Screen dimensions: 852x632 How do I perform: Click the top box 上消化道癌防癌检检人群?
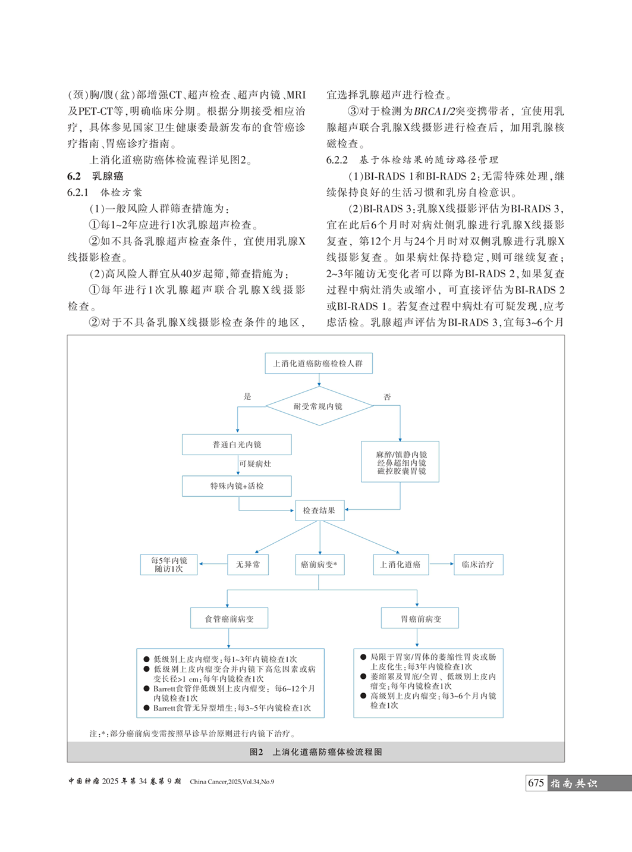click(318, 364)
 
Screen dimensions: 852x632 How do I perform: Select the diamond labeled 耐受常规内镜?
click(319, 406)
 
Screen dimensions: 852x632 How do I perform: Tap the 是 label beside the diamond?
click(247, 396)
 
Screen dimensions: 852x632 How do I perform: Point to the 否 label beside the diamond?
click(387, 397)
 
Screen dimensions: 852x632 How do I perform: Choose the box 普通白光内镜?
click(237, 444)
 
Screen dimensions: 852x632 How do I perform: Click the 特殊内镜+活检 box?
click(237, 486)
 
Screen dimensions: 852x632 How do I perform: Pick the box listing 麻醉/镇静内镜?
click(400, 462)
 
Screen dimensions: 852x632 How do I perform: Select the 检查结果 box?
click(319, 510)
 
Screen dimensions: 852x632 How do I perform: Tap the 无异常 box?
click(248, 565)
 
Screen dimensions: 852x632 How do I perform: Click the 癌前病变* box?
click(319, 565)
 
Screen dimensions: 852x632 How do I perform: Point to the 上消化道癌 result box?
click(400, 565)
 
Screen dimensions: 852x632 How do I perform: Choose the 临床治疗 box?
click(478, 565)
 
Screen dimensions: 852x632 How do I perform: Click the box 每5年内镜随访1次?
click(169, 565)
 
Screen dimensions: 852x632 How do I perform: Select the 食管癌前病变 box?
click(229, 619)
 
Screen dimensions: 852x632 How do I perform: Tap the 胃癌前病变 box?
click(420, 619)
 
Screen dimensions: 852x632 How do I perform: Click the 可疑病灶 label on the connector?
click(255, 464)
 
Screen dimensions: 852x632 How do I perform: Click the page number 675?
click(536, 783)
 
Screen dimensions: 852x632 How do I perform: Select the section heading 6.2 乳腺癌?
click(95, 176)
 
